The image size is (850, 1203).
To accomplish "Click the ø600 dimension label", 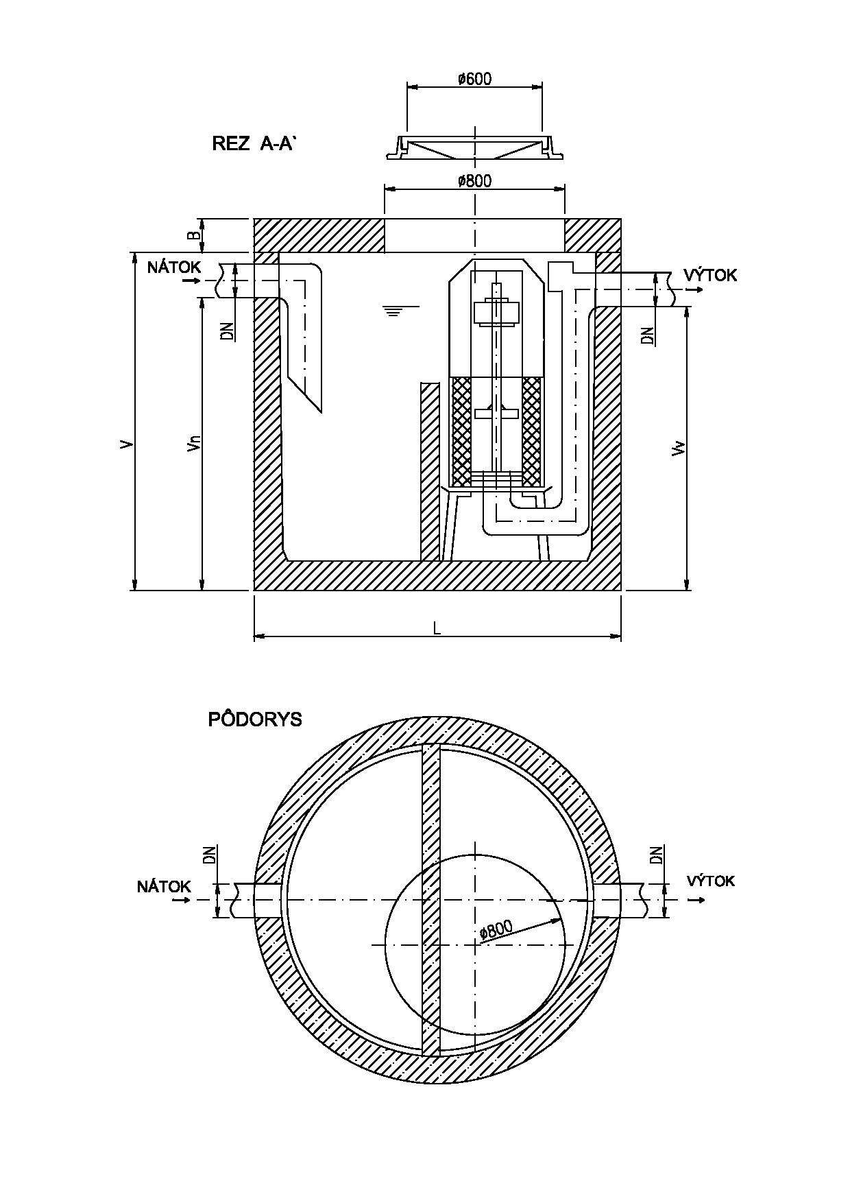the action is pyautogui.click(x=474, y=79).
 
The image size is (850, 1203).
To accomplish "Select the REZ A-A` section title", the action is pyautogui.click(x=254, y=143).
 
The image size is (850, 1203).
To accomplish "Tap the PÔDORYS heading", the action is pyautogui.click(x=255, y=719).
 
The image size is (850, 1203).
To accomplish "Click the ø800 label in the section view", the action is pyautogui.click(x=474, y=181).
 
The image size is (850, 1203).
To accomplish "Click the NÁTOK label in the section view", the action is pyautogui.click(x=174, y=267).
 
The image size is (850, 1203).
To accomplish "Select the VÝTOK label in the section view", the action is pyautogui.click(x=711, y=275).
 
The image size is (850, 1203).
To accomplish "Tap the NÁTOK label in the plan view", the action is pyautogui.click(x=164, y=887).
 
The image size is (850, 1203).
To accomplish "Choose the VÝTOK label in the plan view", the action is pyautogui.click(x=711, y=881).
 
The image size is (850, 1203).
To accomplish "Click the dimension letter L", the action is pyautogui.click(x=437, y=628).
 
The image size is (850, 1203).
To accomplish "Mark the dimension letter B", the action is pyautogui.click(x=195, y=235).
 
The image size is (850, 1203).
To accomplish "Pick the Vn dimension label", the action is pyautogui.click(x=195, y=444).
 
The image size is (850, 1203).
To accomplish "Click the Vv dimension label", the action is pyautogui.click(x=679, y=449).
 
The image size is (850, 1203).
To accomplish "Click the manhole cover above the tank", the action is pyautogui.click(x=474, y=147).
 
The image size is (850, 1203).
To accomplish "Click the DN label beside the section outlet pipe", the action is pyautogui.click(x=648, y=335).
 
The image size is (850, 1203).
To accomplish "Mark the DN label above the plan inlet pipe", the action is pyautogui.click(x=210, y=855).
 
